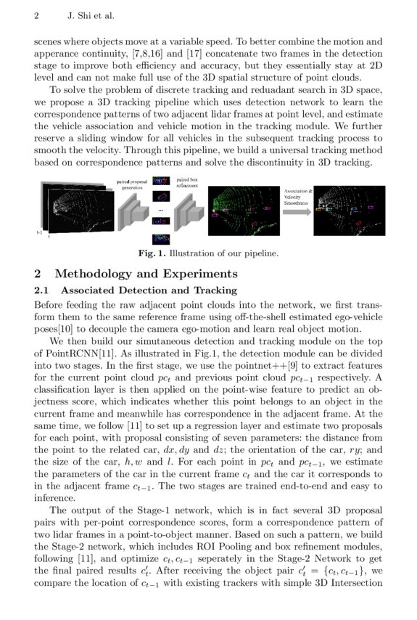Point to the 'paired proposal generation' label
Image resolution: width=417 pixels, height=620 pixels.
click(132, 184)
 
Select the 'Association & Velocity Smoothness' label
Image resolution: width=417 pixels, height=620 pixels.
click(298, 197)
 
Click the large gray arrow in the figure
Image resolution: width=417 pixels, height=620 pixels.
click(297, 211)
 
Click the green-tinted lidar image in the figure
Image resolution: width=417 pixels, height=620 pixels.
click(241, 211)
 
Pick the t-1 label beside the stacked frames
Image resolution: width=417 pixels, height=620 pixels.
click(39, 232)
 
